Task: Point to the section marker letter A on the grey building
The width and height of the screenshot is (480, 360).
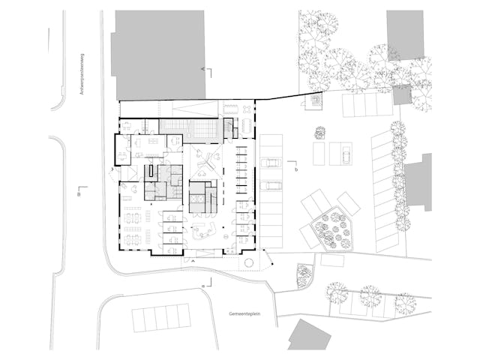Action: tap(203, 68)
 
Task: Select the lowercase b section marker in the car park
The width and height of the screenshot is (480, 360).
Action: tap(296, 170)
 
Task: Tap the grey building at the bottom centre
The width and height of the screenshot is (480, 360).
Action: tap(310, 334)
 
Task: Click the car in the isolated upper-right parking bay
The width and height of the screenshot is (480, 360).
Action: tap(346, 154)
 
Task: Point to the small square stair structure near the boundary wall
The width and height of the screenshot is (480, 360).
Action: tap(316, 100)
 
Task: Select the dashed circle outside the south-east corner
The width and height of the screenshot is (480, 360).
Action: tap(248, 262)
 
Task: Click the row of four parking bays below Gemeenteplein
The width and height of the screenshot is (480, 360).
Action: tap(161, 317)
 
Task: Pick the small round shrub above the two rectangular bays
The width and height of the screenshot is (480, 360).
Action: tap(320, 133)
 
